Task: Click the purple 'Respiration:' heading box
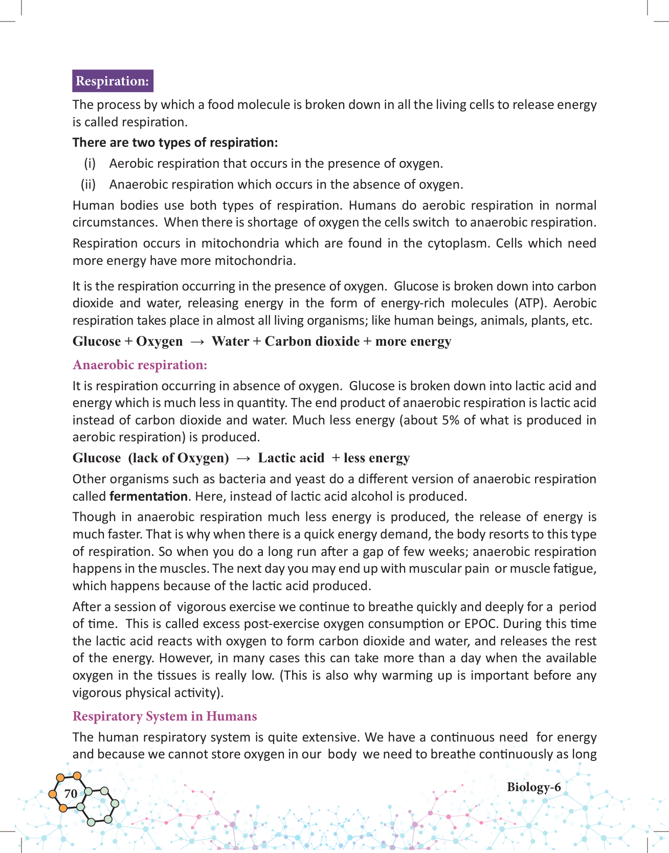(x=113, y=81)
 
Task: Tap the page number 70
(x=71, y=793)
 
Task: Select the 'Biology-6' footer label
(x=533, y=787)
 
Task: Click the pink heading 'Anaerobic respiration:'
(x=140, y=365)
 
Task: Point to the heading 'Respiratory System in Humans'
(x=164, y=716)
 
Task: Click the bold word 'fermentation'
(x=148, y=496)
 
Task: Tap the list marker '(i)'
(x=90, y=164)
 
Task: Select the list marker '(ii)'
(x=88, y=185)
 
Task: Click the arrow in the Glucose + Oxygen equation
(x=197, y=342)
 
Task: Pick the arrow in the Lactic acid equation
(x=243, y=458)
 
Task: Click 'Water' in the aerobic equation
(x=230, y=341)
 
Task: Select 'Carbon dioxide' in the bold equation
(x=312, y=341)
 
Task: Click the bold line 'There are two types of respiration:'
(x=175, y=143)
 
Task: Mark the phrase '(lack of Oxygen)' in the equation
(x=179, y=458)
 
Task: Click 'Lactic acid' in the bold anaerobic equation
(x=291, y=458)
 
